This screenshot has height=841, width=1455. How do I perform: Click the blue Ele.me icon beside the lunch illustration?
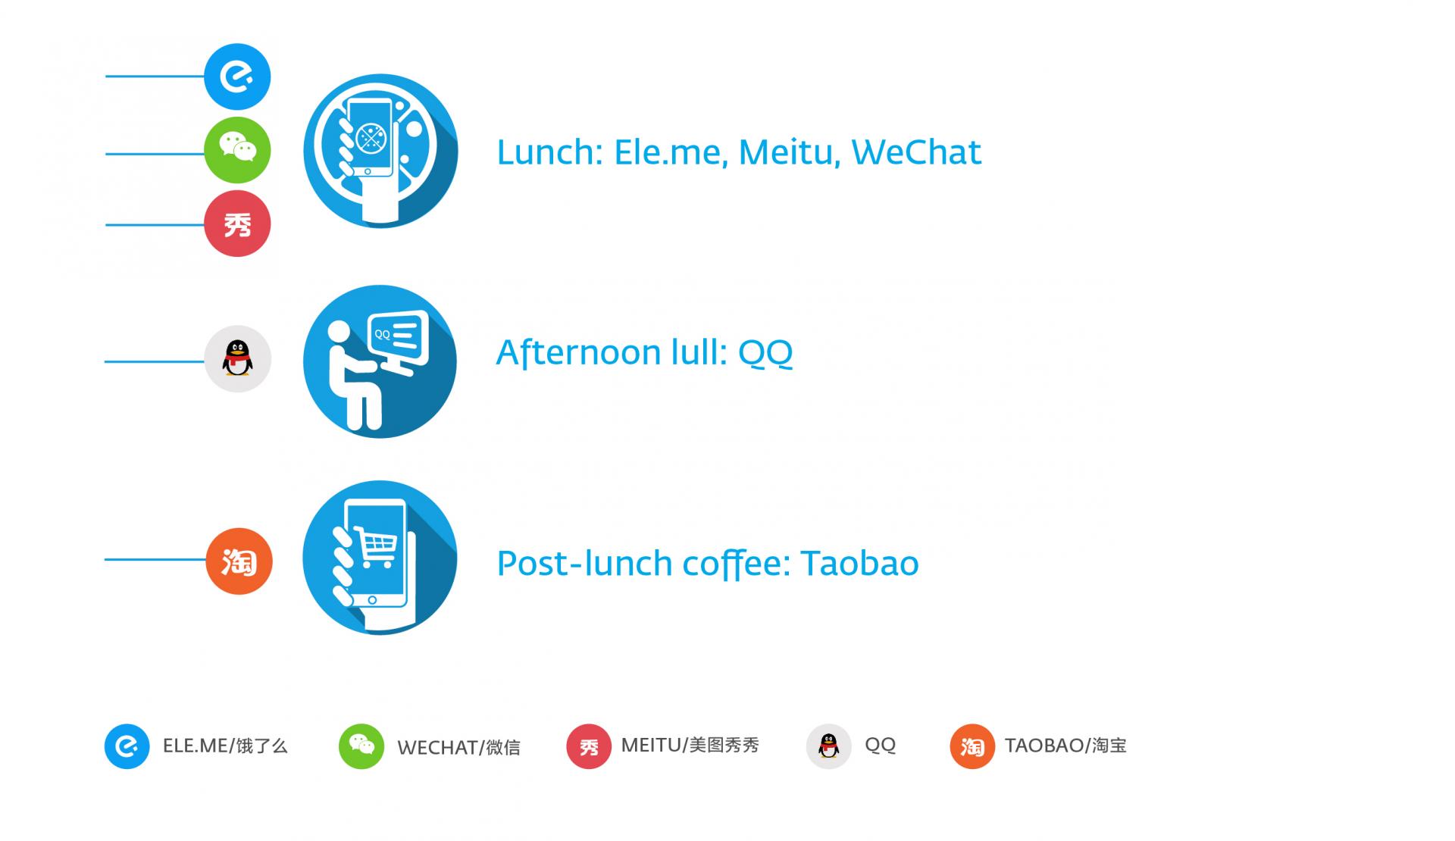tap(237, 77)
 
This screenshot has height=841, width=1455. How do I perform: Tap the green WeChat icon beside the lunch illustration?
tap(237, 150)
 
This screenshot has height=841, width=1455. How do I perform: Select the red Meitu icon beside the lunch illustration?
tap(237, 224)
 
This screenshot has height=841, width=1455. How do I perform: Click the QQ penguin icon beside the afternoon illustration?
tap(238, 358)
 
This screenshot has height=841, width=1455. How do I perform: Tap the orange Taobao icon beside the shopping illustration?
tap(239, 561)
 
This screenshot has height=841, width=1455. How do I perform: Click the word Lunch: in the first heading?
tap(549, 152)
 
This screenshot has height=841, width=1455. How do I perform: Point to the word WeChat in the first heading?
tap(916, 152)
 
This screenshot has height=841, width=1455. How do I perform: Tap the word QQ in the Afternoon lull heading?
tap(765, 353)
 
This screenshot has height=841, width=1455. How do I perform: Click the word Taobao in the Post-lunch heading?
tap(859, 564)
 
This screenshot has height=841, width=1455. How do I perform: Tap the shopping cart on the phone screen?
tap(376, 547)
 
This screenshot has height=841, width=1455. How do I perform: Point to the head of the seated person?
tap(338, 332)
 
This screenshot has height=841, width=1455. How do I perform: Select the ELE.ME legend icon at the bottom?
tap(127, 746)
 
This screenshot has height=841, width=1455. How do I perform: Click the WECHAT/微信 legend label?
tap(458, 748)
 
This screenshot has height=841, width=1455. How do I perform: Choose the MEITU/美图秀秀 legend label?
tap(690, 746)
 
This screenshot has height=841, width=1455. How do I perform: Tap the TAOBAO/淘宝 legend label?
tap(1065, 746)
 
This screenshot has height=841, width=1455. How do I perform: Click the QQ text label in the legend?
tap(880, 746)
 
